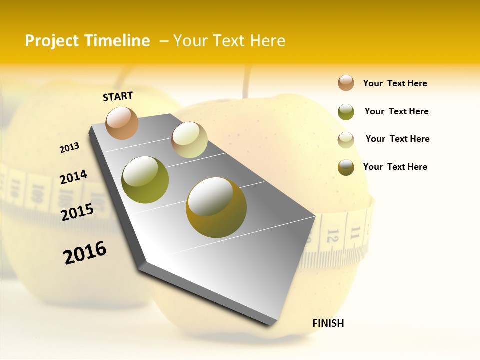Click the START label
tap(118, 96)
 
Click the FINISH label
tap(328, 323)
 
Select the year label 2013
tap(69, 148)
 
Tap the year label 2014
tap(73, 177)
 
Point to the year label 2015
tap(77, 212)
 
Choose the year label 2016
tap(85, 253)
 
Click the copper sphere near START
tap(122, 123)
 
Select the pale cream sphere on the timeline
tap(189, 140)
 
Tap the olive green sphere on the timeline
tap(145, 180)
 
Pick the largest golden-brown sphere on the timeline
tap(216, 207)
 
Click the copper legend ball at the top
tap(346, 83)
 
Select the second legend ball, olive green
tap(346, 112)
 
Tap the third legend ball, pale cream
tap(346, 139)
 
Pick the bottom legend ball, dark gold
tap(346, 167)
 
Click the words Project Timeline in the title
tap(87, 41)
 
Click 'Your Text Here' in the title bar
tap(229, 41)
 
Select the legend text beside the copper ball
tap(395, 83)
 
